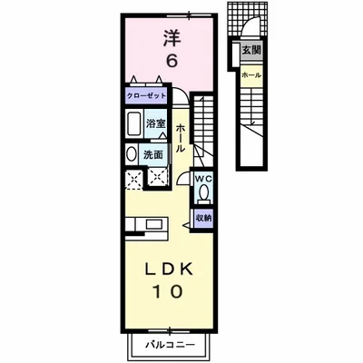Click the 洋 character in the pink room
click(x=169, y=38)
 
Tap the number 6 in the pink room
click(x=169, y=61)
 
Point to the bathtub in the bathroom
click(x=132, y=124)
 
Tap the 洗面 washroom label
click(x=154, y=153)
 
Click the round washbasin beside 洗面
click(x=130, y=153)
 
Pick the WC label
click(x=201, y=179)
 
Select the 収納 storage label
click(x=203, y=218)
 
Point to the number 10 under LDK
click(x=169, y=292)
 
